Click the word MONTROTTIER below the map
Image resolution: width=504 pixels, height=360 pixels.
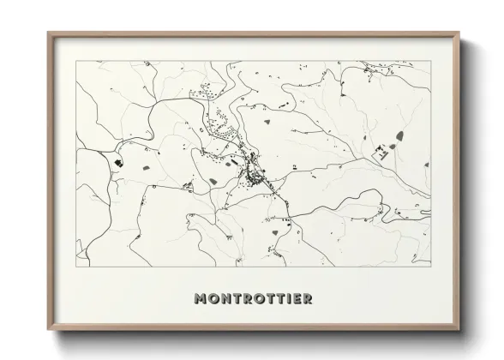[x=252, y=300]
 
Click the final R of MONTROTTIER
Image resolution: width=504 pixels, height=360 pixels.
[x=306, y=300]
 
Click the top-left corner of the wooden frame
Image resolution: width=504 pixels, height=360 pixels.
[x=48, y=33]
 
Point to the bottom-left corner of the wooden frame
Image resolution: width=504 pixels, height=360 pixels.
[x=48, y=331]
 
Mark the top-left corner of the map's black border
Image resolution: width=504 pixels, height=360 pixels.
[x=76, y=60]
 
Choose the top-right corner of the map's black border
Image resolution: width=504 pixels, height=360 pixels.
[x=429, y=60]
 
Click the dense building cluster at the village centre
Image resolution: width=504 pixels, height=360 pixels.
[x=255, y=176]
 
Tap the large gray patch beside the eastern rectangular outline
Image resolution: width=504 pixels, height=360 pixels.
[x=399, y=135]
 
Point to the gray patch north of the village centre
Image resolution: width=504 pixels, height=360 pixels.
[x=267, y=123]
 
